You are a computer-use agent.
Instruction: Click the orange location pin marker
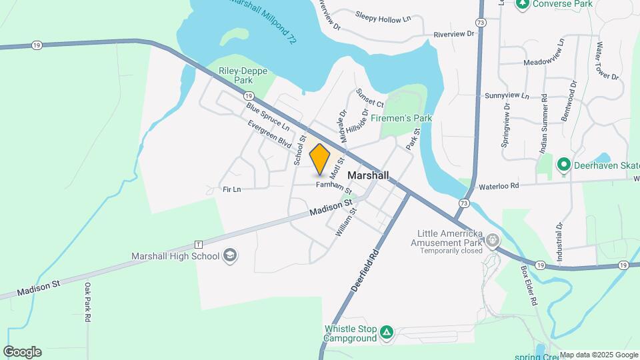tap(320, 159)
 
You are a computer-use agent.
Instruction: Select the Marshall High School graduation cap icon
tap(230, 256)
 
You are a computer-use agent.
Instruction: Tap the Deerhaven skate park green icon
tap(563, 163)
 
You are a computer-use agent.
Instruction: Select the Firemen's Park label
tap(401, 118)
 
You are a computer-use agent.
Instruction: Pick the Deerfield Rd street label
tap(365, 273)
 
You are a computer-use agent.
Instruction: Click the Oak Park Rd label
tap(87, 303)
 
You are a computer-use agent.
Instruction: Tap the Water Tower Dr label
tap(607, 61)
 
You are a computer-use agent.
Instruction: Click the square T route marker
tap(197, 245)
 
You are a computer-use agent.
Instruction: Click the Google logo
tap(22, 352)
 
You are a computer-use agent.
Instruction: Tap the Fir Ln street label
tap(231, 190)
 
